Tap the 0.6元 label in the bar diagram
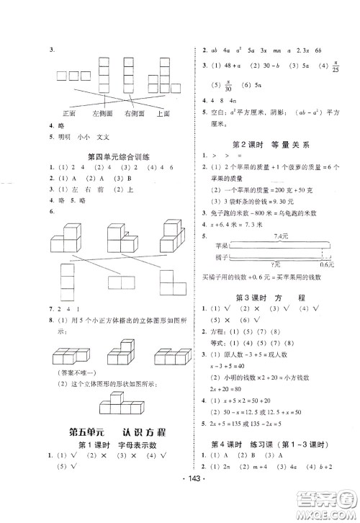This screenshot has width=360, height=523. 332,261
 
